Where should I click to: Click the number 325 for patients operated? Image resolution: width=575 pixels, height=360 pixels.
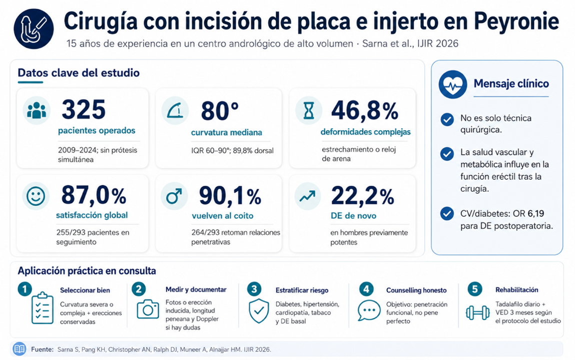[84, 109]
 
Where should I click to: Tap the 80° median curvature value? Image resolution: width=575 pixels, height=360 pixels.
[220, 111]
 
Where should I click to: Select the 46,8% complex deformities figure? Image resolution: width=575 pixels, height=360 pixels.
[364, 110]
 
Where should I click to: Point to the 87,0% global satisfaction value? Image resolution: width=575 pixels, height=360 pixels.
[94, 195]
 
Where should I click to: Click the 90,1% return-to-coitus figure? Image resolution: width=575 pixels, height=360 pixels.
[230, 196]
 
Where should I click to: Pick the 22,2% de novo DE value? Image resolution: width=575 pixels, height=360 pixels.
[362, 196]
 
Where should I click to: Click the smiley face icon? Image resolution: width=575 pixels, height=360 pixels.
[36, 196]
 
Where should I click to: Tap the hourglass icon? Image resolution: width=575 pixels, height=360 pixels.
[309, 111]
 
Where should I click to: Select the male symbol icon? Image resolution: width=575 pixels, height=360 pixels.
[174, 196]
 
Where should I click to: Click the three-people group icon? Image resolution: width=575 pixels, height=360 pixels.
[37, 111]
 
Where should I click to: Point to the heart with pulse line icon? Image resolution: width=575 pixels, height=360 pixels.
[453, 85]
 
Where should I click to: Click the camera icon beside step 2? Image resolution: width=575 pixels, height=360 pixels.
[148, 309]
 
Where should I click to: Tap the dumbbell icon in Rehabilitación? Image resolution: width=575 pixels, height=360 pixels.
[477, 312]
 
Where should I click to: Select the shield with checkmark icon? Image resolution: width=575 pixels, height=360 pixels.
[259, 310]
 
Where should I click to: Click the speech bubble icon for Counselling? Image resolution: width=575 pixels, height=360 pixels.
[369, 310]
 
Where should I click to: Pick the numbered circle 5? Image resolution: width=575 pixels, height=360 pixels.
[475, 289]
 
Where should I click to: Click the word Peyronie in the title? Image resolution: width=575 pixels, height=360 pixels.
[516, 22]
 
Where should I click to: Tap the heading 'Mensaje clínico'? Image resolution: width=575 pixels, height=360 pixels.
[511, 84]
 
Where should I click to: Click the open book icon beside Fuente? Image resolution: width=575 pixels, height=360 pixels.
[20, 349]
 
